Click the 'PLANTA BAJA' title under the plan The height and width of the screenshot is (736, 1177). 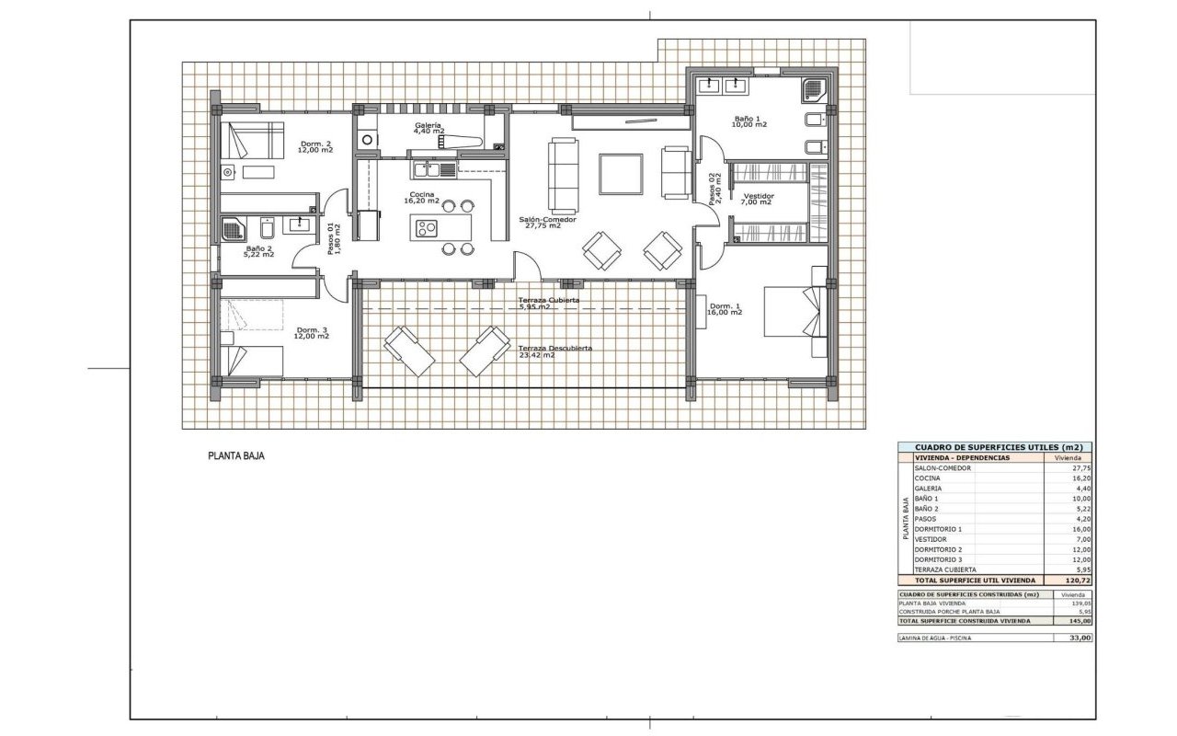[236, 455]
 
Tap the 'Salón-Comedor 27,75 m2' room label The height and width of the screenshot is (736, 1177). [548, 223]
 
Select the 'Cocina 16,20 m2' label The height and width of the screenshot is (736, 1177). [424, 198]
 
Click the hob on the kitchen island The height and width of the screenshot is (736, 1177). [428, 226]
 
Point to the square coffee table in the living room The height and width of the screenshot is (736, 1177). [622, 174]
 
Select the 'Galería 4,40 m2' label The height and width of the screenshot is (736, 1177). [429, 128]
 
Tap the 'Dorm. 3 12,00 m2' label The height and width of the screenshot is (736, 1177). [312, 333]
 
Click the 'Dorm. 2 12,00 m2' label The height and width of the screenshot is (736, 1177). [316, 146]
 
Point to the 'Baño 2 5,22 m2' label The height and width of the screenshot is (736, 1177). [258, 251]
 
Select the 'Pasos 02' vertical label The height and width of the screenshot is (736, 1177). [714, 189]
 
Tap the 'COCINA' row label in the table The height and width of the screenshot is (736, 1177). [928, 478]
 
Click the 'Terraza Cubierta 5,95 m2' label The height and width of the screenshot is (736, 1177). [548, 303]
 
